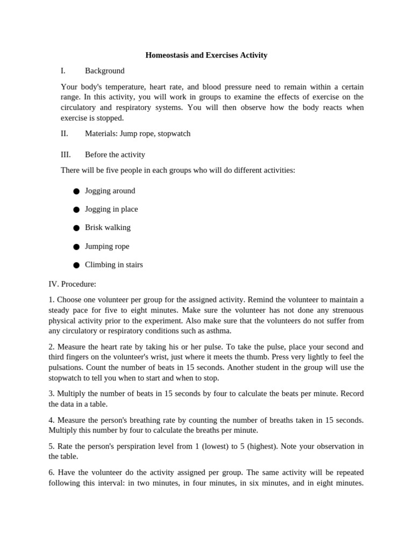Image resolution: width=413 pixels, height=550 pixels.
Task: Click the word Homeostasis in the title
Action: click(x=169, y=55)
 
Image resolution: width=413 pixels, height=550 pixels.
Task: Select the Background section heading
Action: click(x=104, y=71)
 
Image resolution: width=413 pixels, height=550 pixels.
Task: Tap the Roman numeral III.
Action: click(x=66, y=155)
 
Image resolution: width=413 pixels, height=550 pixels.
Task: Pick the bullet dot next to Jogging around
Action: click(x=76, y=191)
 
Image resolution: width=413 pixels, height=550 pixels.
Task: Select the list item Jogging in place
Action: click(x=111, y=209)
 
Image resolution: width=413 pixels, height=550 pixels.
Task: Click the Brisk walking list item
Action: click(x=108, y=228)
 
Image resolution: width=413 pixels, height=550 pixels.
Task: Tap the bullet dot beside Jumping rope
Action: click(x=76, y=247)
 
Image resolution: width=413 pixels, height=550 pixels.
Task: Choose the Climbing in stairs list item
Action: click(x=113, y=265)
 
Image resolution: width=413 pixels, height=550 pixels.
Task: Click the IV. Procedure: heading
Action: click(x=72, y=284)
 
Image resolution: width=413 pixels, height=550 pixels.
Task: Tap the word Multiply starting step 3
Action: click(x=73, y=394)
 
